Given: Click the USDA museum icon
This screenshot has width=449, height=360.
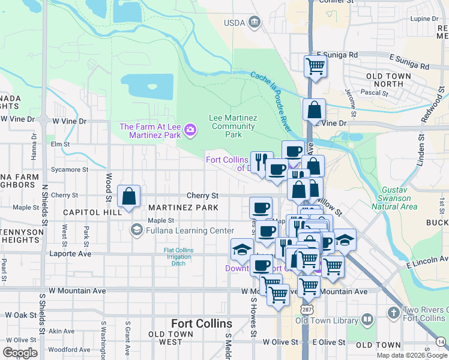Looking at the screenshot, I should click(255, 22).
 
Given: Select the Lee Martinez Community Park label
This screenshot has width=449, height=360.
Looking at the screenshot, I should click(232, 127).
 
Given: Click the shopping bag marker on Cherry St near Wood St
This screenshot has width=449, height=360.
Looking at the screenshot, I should click(129, 197).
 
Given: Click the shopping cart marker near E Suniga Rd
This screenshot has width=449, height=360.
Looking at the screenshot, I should click(315, 66).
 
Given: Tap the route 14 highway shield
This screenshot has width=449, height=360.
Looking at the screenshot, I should click(441, 341).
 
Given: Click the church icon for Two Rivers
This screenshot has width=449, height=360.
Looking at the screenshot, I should click(393, 313).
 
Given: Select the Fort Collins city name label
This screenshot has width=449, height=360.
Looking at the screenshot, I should click(199, 322).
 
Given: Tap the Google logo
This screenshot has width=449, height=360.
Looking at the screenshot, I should click(20, 353).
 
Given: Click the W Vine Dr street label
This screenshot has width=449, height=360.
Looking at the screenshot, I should click(69, 121).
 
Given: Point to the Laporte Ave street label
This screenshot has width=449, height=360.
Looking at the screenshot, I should click(75, 254).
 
